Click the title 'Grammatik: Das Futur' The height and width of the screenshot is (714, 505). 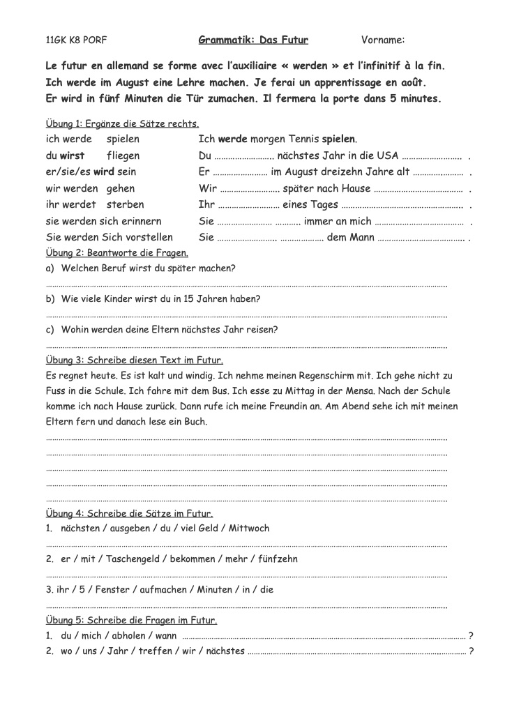tap(253, 40)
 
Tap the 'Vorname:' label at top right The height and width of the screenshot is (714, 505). tap(383, 40)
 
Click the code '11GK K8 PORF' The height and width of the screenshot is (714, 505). tap(76, 40)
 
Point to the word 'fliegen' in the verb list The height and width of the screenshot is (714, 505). tap(123, 155)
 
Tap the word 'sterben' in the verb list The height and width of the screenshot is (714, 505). tap(126, 204)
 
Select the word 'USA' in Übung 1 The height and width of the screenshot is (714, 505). tap(387, 155)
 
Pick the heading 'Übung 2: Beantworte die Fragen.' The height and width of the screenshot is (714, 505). tap(116, 252)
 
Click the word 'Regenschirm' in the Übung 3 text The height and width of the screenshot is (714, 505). tap(330, 375)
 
